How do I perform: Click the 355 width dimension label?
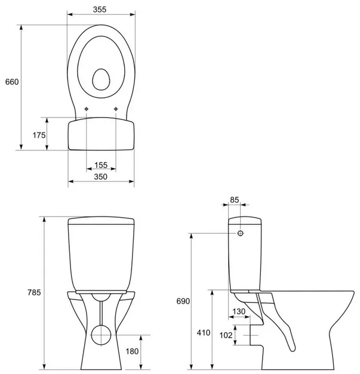click(100, 10)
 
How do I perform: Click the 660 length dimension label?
click(12, 82)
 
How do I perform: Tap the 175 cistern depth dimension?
click(39, 135)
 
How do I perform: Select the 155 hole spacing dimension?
click(101, 165)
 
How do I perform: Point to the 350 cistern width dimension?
click(100, 177)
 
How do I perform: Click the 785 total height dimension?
click(34, 292)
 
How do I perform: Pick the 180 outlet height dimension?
click(132, 351)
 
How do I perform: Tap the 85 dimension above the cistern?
click(235, 200)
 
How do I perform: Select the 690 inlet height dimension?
click(183, 301)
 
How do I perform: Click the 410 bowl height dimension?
click(204, 332)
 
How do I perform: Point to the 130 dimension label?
click(239, 311)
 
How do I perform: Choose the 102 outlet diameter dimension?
click(226, 335)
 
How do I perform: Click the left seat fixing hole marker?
click(87, 109)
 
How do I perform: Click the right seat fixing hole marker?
click(116, 109)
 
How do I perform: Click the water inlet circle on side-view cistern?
click(241, 233)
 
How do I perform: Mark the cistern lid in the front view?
click(101, 221)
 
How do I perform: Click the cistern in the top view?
click(101, 134)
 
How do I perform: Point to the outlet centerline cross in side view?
click(250, 335)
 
